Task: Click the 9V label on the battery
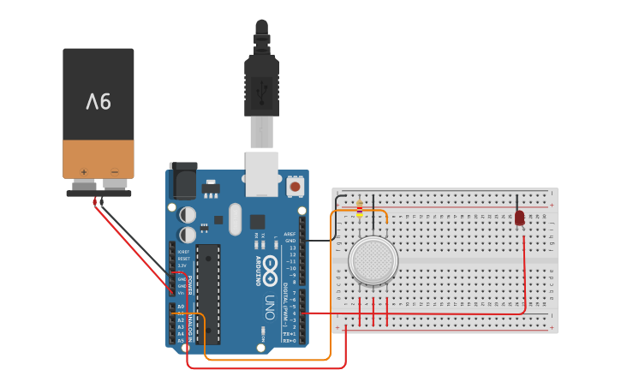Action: [x=99, y=102]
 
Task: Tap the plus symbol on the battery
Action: [x=84, y=172]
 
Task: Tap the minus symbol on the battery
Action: [x=114, y=172]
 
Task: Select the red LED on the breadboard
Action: [x=519, y=218]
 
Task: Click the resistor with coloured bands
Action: [x=359, y=208]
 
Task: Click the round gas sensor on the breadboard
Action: [x=373, y=260]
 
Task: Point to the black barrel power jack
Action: [x=183, y=181]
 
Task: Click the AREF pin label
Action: [x=290, y=233]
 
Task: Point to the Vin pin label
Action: [x=182, y=294]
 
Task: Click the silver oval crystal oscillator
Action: [x=236, y=218]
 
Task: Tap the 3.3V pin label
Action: [x=182, y=266]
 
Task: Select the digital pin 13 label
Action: [x=292, y=248]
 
